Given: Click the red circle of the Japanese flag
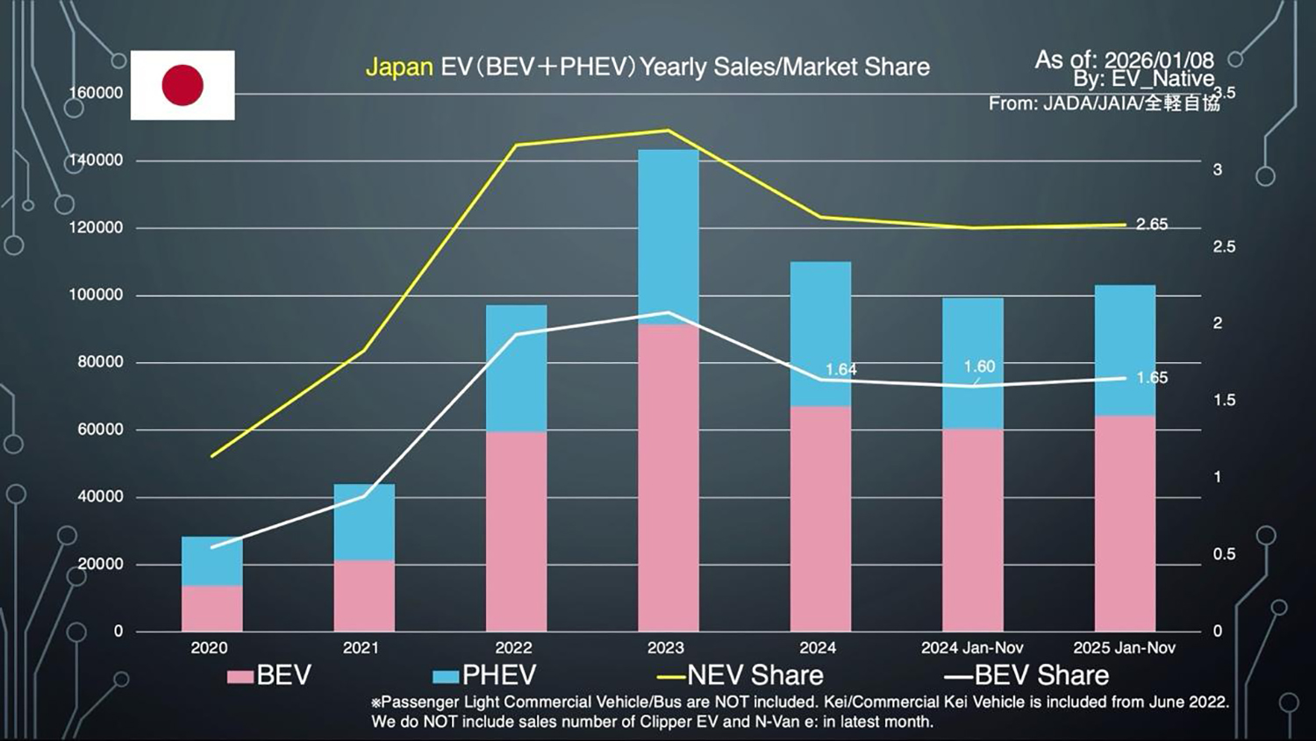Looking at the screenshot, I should pyautogui.click(x=182, y=85).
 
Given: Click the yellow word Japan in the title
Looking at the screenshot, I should pyautogui.click(x=399, y=68).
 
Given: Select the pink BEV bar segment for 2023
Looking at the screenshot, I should pyautogui.click(x=668, y=478).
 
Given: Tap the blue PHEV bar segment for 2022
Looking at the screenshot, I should pyautogui.click(x=516, y=368).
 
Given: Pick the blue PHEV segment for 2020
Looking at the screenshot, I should pyautogui.click(x=211, y=561).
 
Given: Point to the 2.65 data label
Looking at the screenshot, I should pyautogui.click(x=1151, y=224).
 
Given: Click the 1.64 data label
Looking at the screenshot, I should pyautogui.click(x=840, y=369).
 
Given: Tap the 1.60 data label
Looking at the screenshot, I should pyautogui.click(x=979, y=367).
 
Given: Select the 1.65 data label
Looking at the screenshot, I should pyautogui.click(x=1152, y=378).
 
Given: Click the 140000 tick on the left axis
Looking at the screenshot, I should pyautogui.click(x=96, y=160).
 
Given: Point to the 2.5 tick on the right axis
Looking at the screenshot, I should pyautogui.click(x=1223, y=247).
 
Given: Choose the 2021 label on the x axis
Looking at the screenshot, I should pyautogui.click(x=361, y=648).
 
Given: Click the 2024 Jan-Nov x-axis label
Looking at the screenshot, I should pyautogui.click(x=972, y=648).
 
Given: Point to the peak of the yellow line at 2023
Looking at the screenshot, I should pyautogui.click(x=668, y=131).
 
